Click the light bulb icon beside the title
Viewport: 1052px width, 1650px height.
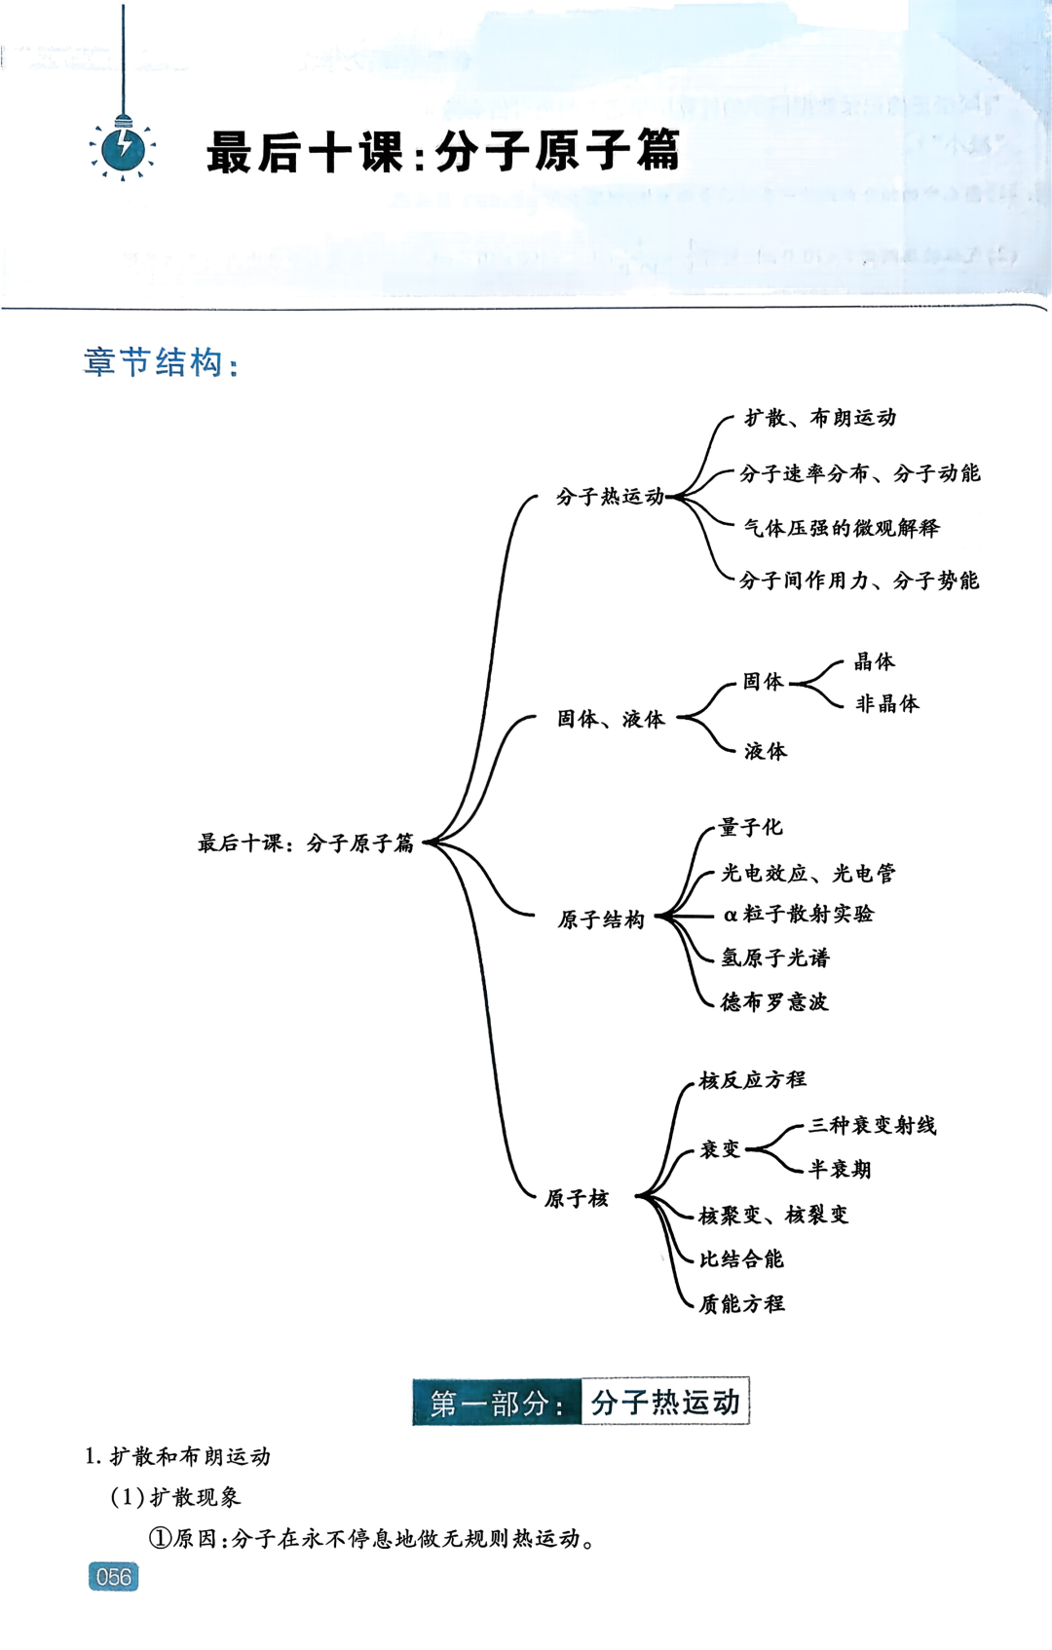pyautogui.click(x=123, y=149)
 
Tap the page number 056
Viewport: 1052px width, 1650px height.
pyautogui.click(x=113, y=1576)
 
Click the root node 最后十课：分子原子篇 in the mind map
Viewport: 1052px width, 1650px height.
pyautogui.click(x=306, y=843)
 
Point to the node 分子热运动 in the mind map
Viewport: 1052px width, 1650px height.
pyautogui.click(x=610, y=497)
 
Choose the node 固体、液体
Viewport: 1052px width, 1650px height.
pyautogui.click(x=611, y=719)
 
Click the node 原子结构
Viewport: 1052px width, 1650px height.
pyautogui.click(x=601, y=919)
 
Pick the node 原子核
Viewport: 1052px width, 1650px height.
pyautogui.click(x=577, y=1198)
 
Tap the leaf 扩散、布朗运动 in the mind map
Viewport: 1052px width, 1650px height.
pyautogui.click(x=820, y=418)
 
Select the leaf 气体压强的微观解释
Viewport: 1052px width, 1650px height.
pyautogui.click(x=842, y=528)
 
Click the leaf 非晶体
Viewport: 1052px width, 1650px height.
pyautogui.click(x=886, y=703)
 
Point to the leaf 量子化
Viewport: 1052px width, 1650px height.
pyautogui.click(x=750, y=827)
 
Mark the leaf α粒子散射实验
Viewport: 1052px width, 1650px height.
pyautogui.click(x=799, y=914)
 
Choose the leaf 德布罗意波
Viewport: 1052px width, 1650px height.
pyautogui.click(x=774, y=1001)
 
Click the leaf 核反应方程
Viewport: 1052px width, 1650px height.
pyautogui.click(x=753, y=1079)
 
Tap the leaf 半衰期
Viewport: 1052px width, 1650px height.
pyautogui.click(x=840, y=1169)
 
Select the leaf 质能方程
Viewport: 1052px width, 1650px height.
pyautogui.click(x=741, y=1303)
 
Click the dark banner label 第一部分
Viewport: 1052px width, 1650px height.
pyautogui.click(x=497, y=1403)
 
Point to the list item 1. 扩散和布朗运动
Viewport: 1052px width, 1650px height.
pyautogui.click(x=178, y=1456)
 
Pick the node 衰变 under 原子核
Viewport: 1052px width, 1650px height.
pyautogui.click(x=721, y=1149)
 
